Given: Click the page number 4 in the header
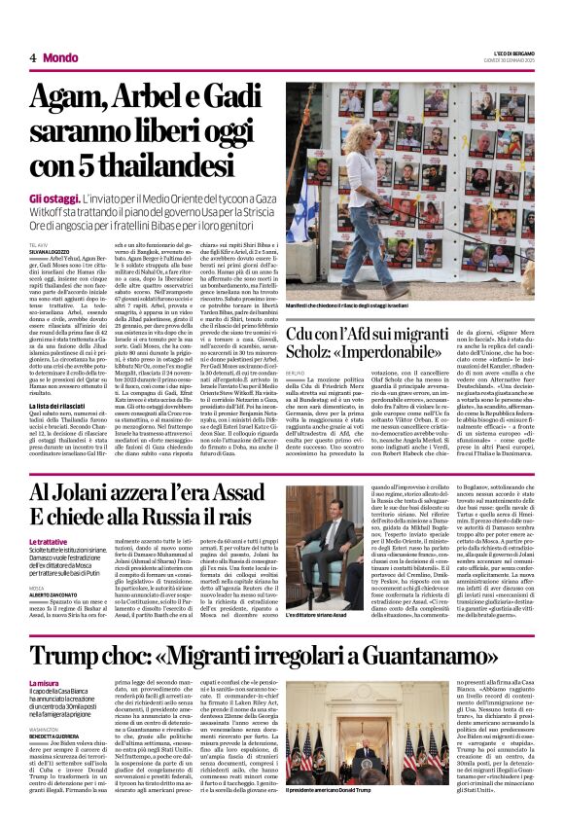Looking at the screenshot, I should pos(33,58).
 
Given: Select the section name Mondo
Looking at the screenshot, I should pos(60,58).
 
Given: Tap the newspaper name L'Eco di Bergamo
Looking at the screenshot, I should pos(508,53).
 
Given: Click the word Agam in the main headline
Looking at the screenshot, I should pos(66,98).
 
